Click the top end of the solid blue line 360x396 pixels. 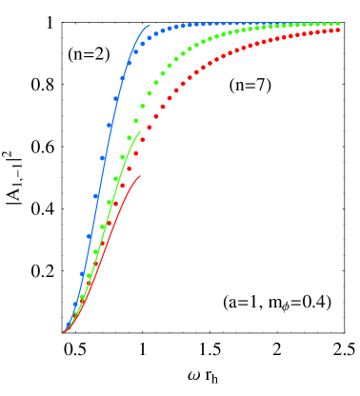coord(150,26)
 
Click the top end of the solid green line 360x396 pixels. coord(140,131)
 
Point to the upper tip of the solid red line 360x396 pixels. coord(140,176)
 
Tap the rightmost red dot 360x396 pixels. coord(338,30)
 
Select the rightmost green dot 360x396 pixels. coord(338,24)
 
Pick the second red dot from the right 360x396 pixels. coord(331,30)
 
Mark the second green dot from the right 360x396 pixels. coord(331,24)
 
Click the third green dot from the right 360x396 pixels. coord(325,24)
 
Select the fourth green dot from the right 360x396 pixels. coord(318,24)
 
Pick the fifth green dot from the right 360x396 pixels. coord(311,24)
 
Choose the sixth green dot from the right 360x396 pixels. coord(305,25)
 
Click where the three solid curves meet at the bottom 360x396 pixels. coord(64,331)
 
